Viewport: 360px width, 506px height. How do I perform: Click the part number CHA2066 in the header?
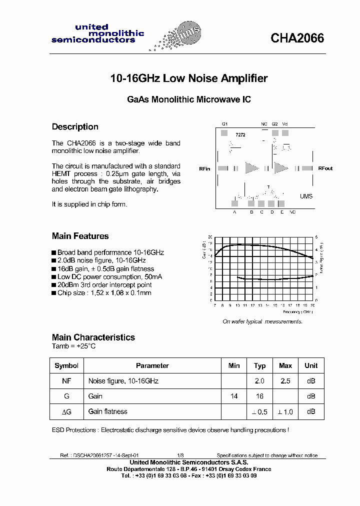pyautogui.click(x=297, y=38)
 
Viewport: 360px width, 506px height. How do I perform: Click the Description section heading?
pyautogui.click(x=75, y=127)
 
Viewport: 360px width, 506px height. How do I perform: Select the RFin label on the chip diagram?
pyautogui.click(x=204, y=169)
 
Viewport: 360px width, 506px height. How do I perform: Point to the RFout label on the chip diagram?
pyautogui.click(x=325, y=168)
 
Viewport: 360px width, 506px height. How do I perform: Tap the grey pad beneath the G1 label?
pyautogui.click(x=224, y=133)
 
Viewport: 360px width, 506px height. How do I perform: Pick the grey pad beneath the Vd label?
pyautogui.click(x=285, y=133)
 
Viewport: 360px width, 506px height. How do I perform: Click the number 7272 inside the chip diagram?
pyautogui.click(x=240, y=135)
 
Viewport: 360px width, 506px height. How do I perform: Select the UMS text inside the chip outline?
pyautogui.click(x=306, y=196)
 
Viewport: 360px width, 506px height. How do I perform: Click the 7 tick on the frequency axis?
pyautogui.click(x=215, y=305)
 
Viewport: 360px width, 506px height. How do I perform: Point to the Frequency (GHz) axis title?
pyautogui.click(x=297, y=311)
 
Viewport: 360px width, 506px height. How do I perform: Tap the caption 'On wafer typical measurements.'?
pyautogui.click(x=262, y=321)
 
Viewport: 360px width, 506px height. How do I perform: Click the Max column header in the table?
pyautogui.click(x=285, y=365)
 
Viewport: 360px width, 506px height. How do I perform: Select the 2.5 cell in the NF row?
pyautogui.click(x=285, y=381)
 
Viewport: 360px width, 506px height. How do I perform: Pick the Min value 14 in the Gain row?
pyautogui.click(x=233, y=396)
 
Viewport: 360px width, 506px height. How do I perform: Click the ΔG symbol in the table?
pyautogui.click(x=66, y=411)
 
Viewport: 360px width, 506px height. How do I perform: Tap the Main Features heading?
pyautogui.click(x=80, y=236)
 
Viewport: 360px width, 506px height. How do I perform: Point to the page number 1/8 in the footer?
pyautogui.click(x=180, y=455)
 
